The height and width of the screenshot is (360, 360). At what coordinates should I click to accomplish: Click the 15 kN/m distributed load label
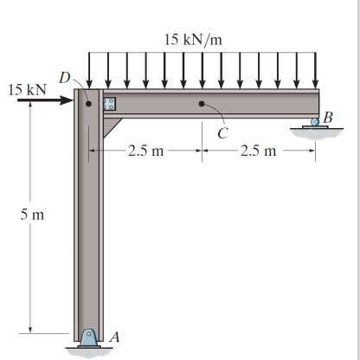coord(193,40)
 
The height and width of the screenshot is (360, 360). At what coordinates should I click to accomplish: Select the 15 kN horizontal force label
coord(27,90)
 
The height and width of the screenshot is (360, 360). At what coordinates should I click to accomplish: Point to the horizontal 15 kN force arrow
coord(45,100)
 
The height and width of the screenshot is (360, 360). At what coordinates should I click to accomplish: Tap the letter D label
coord(65,77)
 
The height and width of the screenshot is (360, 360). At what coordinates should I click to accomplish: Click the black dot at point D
coord(89,104)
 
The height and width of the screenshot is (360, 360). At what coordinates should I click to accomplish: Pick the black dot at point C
coord(202,104)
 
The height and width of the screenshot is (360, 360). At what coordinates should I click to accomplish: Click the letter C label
coord(222,133)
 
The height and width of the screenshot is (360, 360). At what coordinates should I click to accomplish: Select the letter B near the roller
coord(328,118)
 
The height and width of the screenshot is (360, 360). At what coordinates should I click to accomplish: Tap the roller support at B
coord(315,122)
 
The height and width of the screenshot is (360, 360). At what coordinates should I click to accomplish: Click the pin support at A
coord(89,337)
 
